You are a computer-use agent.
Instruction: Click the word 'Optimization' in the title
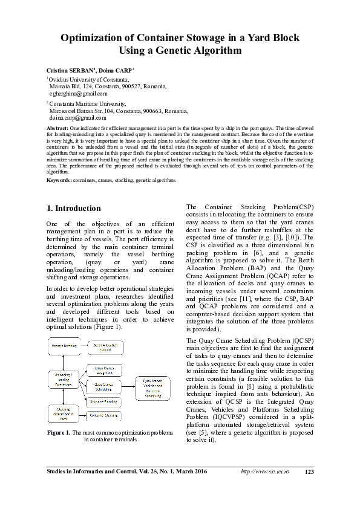click(94, 38)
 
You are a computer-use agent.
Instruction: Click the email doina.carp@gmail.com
click(77, 118)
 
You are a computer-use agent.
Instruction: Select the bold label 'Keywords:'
click(59, 180)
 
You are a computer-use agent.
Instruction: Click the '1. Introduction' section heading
click(74, 209)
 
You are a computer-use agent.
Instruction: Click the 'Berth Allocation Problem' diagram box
click(107, 346)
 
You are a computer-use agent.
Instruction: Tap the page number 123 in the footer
click(309, 488)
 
